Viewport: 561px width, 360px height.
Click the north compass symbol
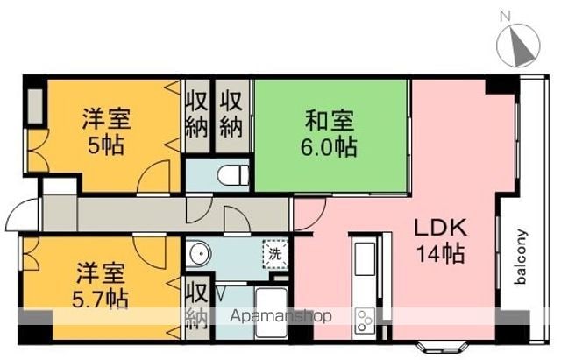pos(518,46)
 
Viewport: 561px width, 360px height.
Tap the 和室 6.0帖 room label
pos(330,133)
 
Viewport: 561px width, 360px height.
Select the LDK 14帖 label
pos(441,240)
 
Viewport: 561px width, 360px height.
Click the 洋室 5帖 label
pos(106,131)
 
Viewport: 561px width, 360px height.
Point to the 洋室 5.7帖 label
pos(101,286)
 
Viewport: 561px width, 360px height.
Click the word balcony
pos(522,257)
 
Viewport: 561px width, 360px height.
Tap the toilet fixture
pos(233,175)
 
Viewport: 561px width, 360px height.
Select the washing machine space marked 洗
pos(275,254)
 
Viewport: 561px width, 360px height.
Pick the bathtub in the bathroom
pos(272,313)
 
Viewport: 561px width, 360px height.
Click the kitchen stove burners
pos(365,320)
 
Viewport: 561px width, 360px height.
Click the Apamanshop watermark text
pos(280,316)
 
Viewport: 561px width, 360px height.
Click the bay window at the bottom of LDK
pos(443,347)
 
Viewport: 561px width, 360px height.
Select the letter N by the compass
pos(505,16)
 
